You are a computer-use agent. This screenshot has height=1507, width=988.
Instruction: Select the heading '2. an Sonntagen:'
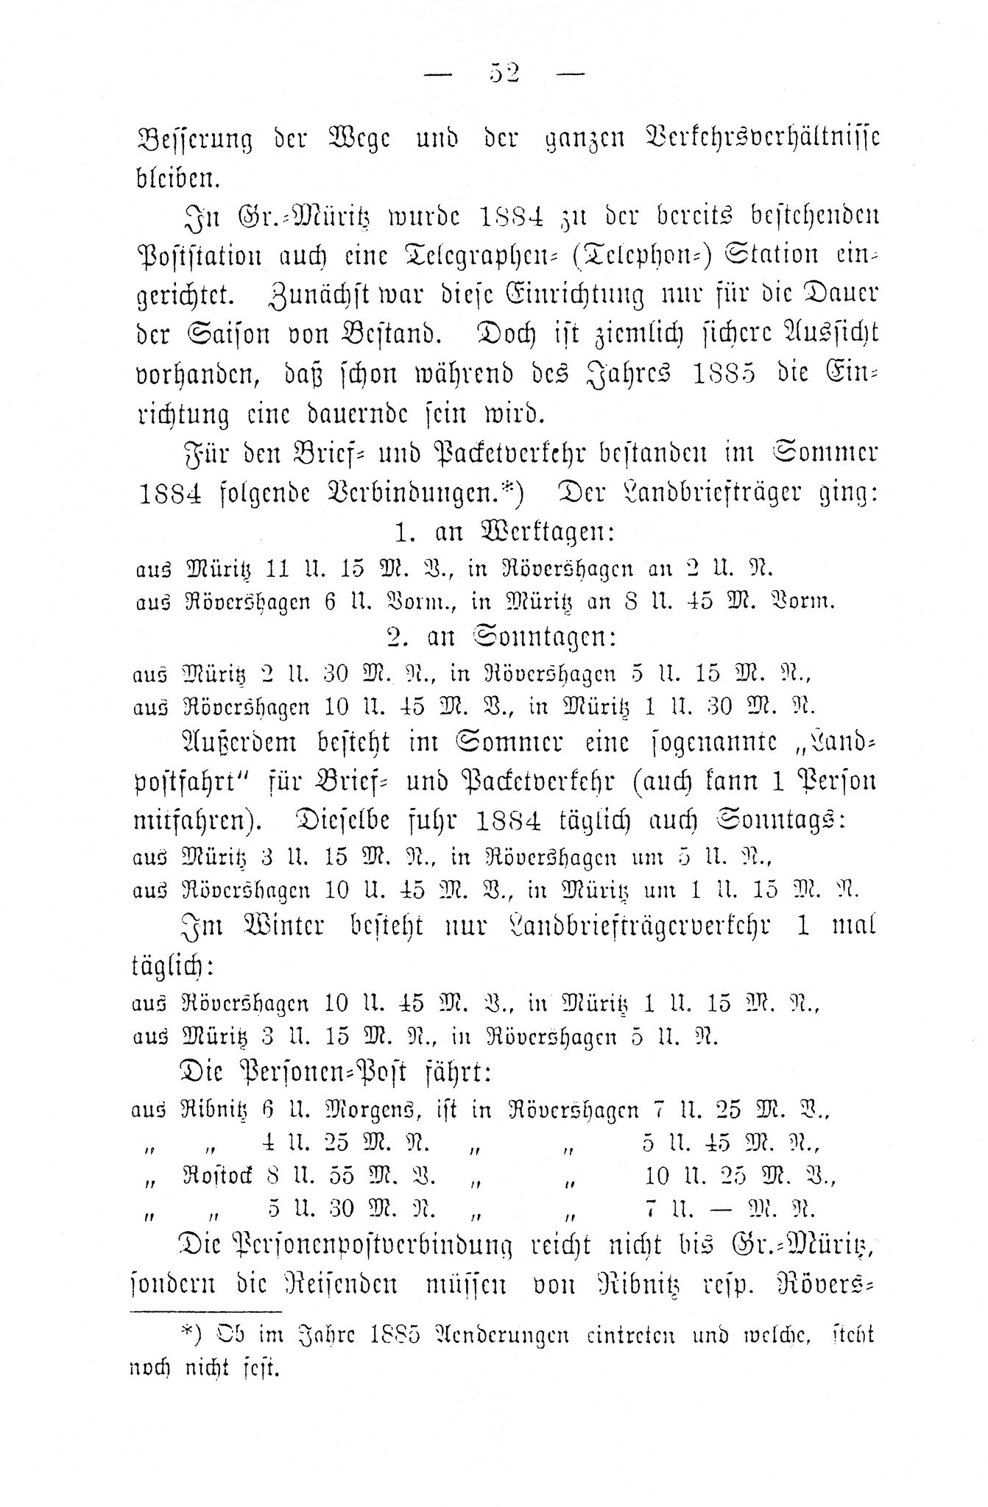pos(502,637)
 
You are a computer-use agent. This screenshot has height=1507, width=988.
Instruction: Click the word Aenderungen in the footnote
pos(499,1336)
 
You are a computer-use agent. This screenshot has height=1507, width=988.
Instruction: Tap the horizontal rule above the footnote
pos(205,1311)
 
